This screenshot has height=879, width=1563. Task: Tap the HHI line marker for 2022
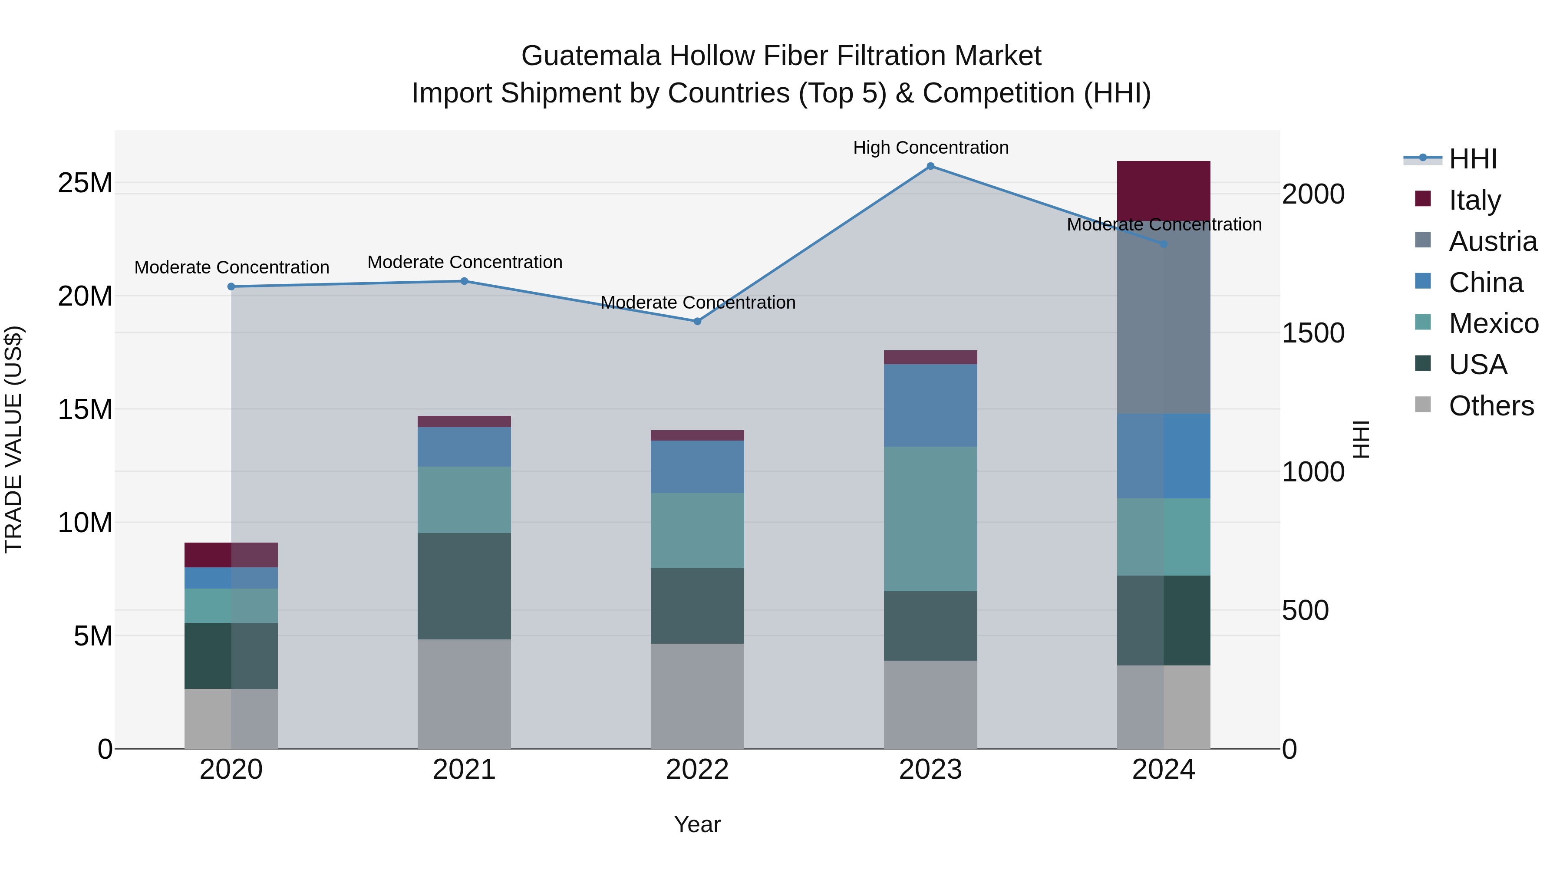click(697, 322)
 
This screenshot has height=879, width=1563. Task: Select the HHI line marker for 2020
click(231, 287)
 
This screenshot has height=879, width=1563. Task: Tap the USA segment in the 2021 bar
click(464, 586)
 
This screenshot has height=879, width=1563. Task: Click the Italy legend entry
click(1474, 200)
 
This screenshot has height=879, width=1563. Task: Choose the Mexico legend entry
click(1493, 323)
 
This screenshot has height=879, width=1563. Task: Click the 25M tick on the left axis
click(85, 183)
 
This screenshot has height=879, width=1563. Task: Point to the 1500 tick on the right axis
click(1313, 333)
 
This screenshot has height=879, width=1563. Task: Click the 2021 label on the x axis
click(464, 770)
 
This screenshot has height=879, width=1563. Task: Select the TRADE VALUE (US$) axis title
click(13, 439)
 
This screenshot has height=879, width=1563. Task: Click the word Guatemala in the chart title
click(590, 56)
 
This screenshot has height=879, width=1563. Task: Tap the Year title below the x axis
click(697, 824)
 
